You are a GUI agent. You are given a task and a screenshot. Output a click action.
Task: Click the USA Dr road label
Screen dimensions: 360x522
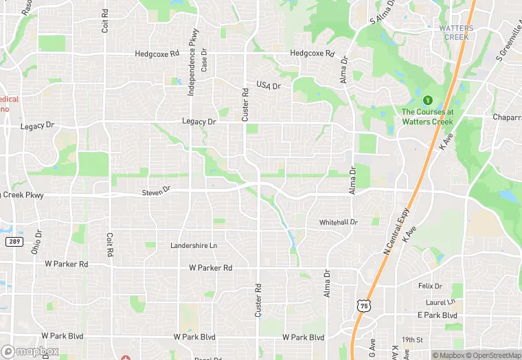tap(269, 85)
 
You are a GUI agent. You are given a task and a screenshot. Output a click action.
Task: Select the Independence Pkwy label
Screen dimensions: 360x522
tap(193, 61)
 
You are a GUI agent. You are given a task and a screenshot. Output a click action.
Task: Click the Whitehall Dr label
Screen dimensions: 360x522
tap(338, 223)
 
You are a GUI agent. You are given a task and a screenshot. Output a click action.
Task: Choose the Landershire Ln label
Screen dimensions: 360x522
tap(194, 245)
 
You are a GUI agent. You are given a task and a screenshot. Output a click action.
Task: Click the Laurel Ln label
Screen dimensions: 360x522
tap(440, 302)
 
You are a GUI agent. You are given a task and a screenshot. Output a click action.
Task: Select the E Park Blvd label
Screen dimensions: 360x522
tap(438, 315)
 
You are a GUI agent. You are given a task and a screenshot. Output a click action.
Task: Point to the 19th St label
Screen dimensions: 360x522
tap(413, 339)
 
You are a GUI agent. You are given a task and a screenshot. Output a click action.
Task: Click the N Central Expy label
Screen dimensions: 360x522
tap(396, 232)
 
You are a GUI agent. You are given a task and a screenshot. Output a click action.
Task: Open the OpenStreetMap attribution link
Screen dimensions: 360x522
tap(492, 355)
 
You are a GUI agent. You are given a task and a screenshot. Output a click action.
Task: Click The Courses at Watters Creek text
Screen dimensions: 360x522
tap(427, 117)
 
